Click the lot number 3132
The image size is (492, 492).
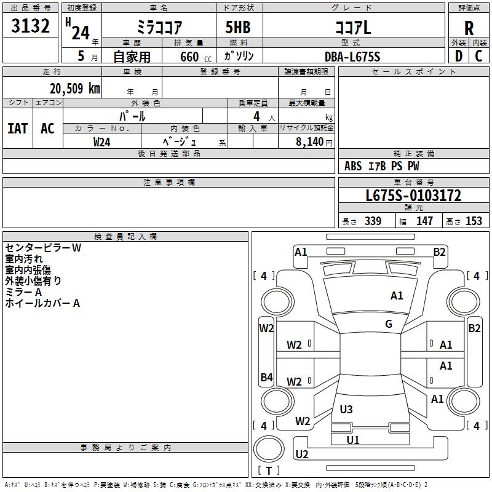(x=30, y=26)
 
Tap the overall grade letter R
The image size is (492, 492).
(x=469, y=28)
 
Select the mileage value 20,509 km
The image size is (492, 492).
(x=75, y=89)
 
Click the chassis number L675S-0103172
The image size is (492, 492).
(x=413, y=196)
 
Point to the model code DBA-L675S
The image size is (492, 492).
(x=352, y=57)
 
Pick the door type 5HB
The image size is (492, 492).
(x=238, y=27)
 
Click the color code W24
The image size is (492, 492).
(x=101, y=142)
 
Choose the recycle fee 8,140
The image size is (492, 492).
(x=310, y=142)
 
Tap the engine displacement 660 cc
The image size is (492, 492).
(x=196, y=57)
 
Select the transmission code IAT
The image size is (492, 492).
(x=18, y=129)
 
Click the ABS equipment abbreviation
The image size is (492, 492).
(x=353, y=166)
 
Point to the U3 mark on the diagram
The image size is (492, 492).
(x=346, y=409)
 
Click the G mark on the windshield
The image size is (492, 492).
(x=389, y=323)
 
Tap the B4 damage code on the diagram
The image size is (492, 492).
(x=266, y=377)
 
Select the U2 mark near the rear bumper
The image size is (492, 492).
(x=302, y=454)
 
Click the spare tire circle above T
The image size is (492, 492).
(x=269, y=449)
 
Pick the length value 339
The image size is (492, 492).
(x=373, y=221)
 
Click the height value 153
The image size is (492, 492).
(x=474, y=221)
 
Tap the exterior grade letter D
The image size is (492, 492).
(x=459, y=56)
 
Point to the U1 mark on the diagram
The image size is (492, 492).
(x=352, y=440)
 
